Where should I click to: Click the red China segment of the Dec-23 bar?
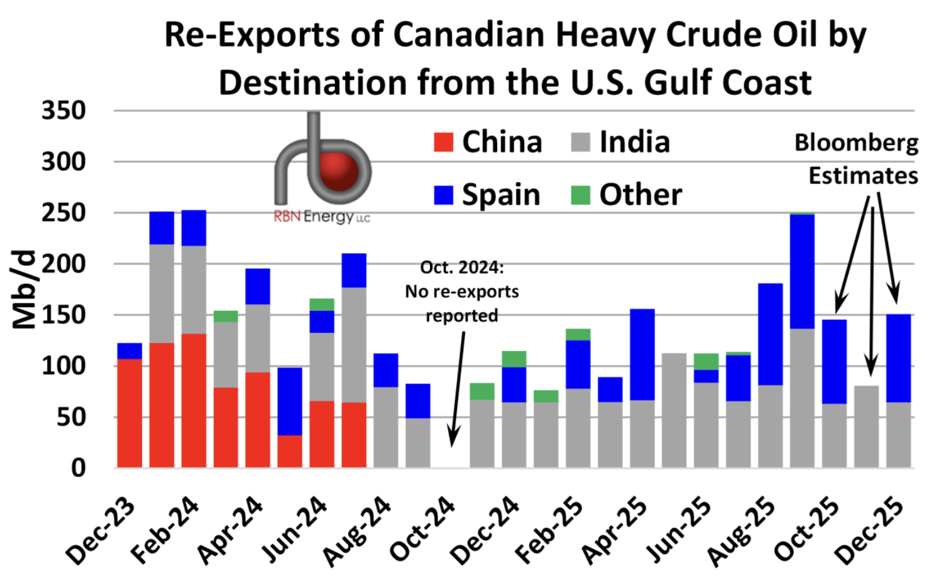[129, 413]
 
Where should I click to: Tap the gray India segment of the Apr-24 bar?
[258, 338]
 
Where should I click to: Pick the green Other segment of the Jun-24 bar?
[322, 305]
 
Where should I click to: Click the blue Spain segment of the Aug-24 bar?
[386, 370]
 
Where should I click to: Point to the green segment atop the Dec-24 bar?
[514, 359]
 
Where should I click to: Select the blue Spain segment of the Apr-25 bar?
[642, 354]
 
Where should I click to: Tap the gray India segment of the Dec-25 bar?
[899, 435]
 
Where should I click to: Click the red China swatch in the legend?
[444, 142]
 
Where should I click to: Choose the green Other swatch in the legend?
[581, 195]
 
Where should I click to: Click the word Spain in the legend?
[501, 195]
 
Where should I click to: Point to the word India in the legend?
[634, 142]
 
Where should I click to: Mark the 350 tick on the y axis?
[63, 111]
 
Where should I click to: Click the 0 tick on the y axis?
[79, 468]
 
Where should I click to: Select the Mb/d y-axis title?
[25, 290]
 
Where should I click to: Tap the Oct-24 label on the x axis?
[423, 528]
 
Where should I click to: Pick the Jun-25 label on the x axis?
[679, 528]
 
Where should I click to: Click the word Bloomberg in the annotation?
[856, 143]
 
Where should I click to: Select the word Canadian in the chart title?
[471, 35]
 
